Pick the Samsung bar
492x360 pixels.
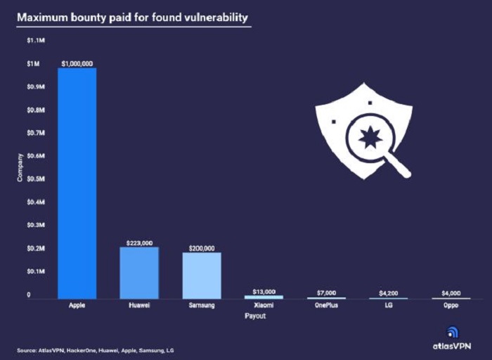[201, 276]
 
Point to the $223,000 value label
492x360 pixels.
[138, 243]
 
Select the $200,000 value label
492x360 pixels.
[201, 248]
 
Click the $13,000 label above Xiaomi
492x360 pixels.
[264, 291]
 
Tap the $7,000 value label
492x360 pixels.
[326, 292]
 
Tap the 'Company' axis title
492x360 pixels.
[20, 167]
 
